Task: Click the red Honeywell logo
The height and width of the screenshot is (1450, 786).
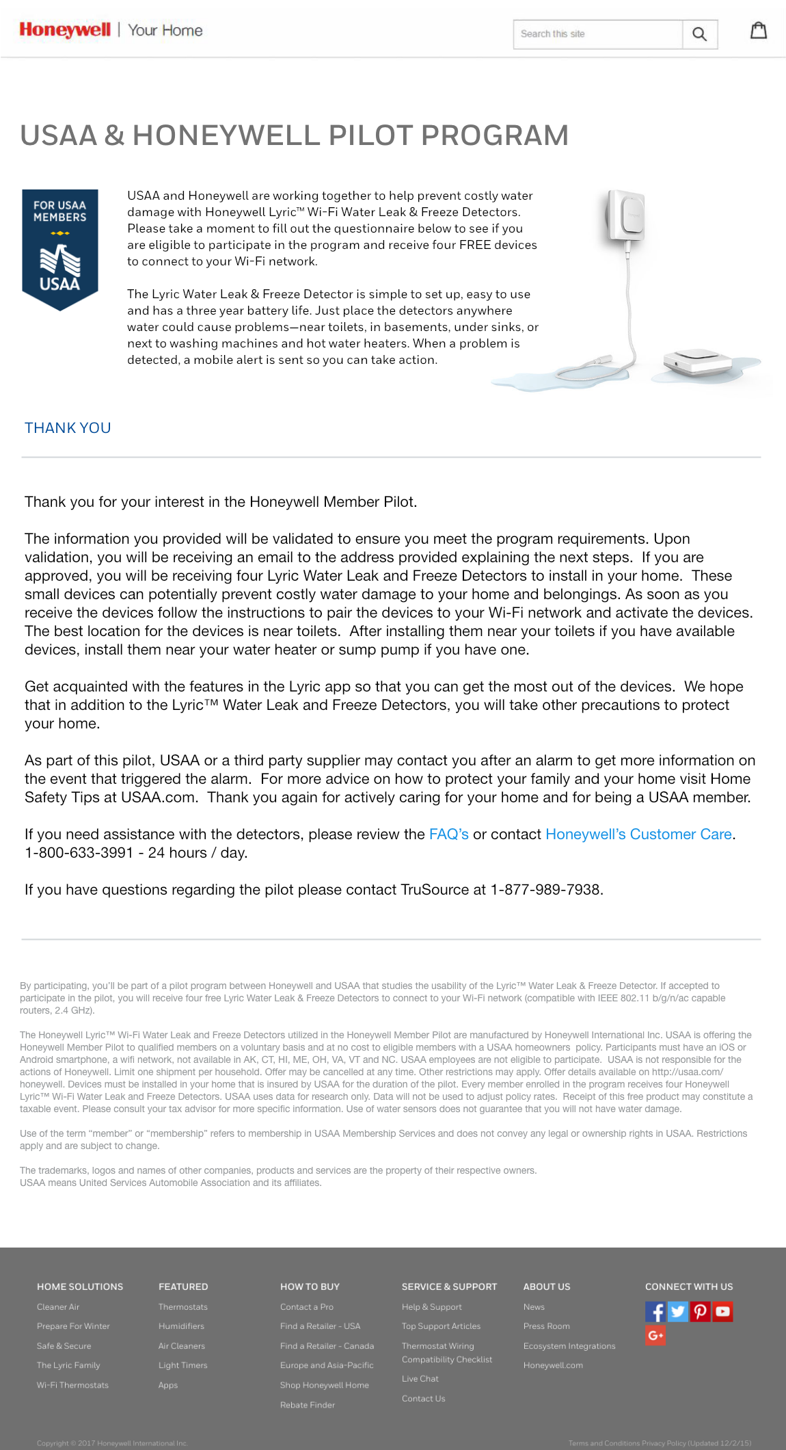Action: [65, 30]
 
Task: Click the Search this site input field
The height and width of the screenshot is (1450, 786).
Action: [597, 34]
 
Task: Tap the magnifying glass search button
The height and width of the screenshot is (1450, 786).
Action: [699, 34]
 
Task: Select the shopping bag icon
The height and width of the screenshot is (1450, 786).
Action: [759, 31]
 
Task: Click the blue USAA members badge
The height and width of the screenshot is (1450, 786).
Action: [60, 249]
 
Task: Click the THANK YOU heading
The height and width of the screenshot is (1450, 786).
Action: [68, 428]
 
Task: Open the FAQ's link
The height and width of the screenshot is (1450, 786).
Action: [448, 834]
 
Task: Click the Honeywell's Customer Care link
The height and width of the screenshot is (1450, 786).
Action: [638, 834]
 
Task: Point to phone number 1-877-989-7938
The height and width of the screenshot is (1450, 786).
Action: [546, 890]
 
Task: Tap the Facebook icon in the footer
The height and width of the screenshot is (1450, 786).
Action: [655, 1311]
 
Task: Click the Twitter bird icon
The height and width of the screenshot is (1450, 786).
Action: [677, 1311]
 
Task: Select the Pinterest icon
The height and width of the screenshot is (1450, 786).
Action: [700, 1311]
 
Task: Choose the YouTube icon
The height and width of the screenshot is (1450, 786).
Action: [722, 1311]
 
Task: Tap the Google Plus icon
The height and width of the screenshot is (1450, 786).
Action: [655, 1335]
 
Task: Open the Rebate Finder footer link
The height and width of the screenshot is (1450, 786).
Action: [308, 1405]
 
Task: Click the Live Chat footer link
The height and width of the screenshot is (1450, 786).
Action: [420, 1379]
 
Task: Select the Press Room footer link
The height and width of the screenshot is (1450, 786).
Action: [547, 1326]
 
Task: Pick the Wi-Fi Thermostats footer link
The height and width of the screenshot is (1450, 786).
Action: [72, 1385]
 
